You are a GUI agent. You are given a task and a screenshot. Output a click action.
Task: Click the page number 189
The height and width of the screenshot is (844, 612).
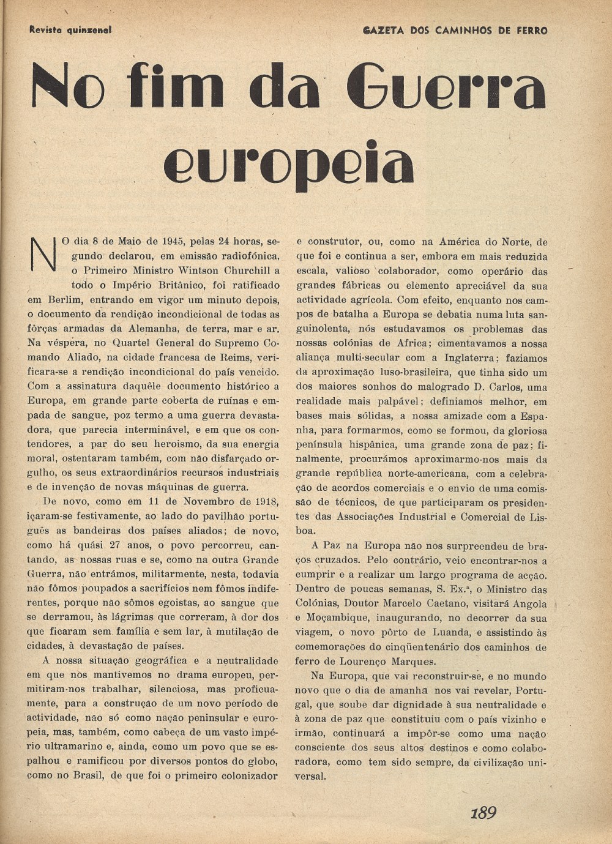coord(483,813)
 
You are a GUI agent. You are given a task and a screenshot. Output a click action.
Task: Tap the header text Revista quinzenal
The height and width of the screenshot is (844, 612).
coord(70,29)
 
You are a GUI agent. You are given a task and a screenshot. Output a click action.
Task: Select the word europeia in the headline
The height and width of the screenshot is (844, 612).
coord(288,164)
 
